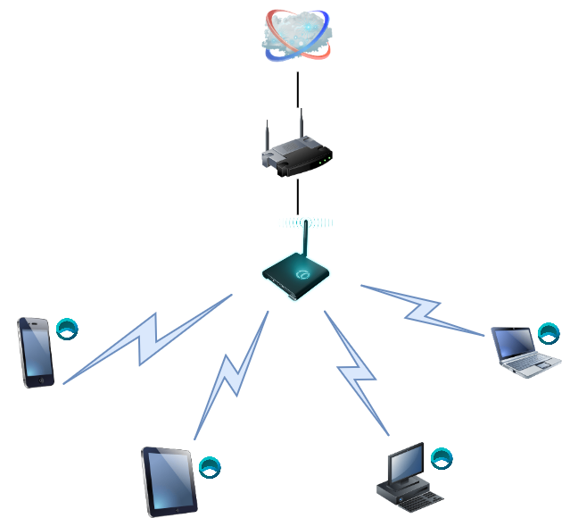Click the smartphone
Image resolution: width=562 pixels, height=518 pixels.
pos(36,352)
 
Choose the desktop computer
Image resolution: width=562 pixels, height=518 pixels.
pos(408,473)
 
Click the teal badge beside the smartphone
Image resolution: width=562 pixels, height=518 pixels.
pos(68,328)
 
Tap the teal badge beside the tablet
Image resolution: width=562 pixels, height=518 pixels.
pos(210,466)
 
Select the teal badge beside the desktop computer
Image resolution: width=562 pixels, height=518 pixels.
pos(442,458)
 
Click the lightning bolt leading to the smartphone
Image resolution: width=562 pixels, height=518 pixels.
pos(147,335)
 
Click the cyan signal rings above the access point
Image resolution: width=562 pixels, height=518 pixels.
pos(305,222)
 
